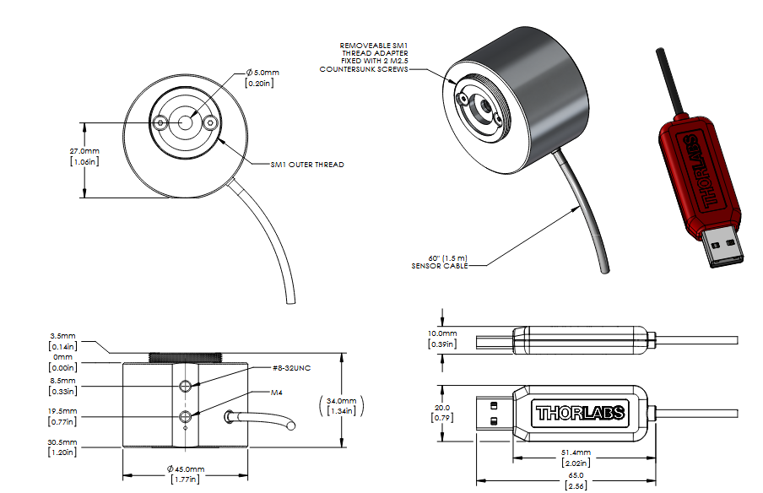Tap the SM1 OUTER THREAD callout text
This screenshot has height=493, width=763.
click(x=307, y=165)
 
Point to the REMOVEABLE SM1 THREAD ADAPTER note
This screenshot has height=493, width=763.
click(x=364, y=57)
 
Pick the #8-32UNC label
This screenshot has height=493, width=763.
click(x=291, y=368)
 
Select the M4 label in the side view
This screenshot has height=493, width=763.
click(x=276, y=393)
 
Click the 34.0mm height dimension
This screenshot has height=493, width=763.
click(x=341, y=406)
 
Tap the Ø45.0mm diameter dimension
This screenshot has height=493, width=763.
click(x=186, y=474)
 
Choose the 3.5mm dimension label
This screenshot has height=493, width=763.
click(x=62, y=341)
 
